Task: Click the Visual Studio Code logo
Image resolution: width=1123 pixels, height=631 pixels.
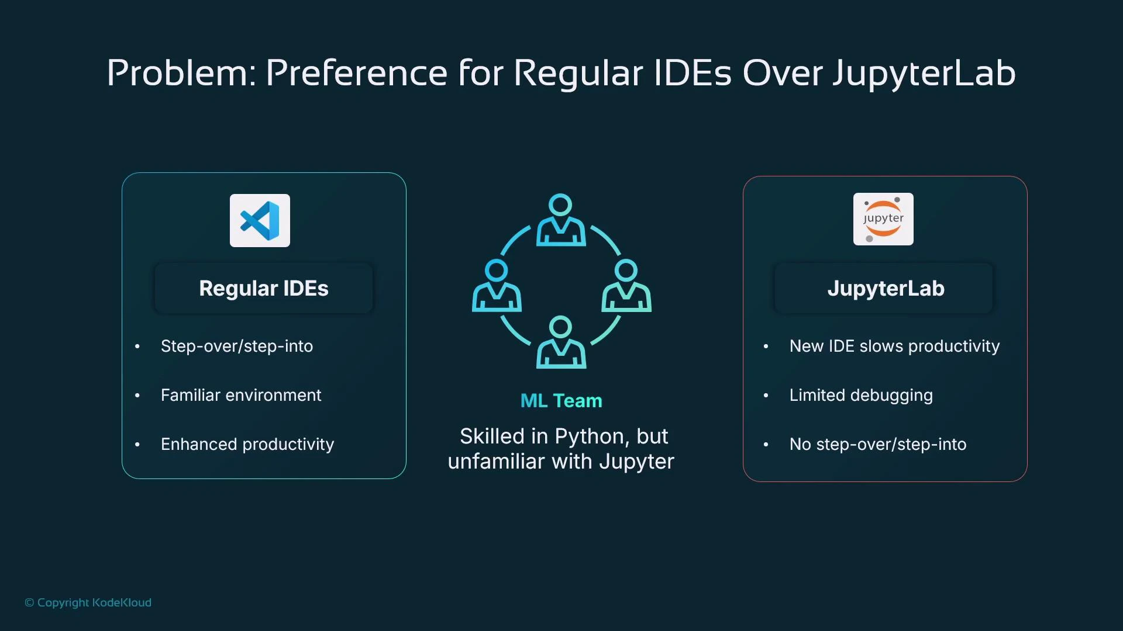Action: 260,220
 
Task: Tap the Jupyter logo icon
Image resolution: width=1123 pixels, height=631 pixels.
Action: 883,219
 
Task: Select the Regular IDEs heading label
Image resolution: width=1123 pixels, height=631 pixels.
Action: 264,289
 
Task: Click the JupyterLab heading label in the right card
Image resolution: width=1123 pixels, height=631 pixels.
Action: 886,289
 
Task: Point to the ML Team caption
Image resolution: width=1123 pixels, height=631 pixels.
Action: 561,401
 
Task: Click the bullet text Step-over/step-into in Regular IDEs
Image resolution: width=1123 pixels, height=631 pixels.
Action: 237,346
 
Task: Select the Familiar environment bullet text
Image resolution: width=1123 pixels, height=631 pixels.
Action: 241,395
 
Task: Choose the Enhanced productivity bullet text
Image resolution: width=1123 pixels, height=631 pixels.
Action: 247,444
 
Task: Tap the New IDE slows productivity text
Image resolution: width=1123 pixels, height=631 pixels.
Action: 894,346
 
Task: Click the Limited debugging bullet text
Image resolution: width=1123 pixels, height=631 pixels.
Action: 861,395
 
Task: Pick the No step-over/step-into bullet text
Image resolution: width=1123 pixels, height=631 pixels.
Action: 877,444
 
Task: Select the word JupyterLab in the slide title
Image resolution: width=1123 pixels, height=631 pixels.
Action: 924,73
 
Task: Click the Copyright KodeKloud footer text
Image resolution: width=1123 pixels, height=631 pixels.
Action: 88,602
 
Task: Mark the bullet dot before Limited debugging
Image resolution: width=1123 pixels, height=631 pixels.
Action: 766,396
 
